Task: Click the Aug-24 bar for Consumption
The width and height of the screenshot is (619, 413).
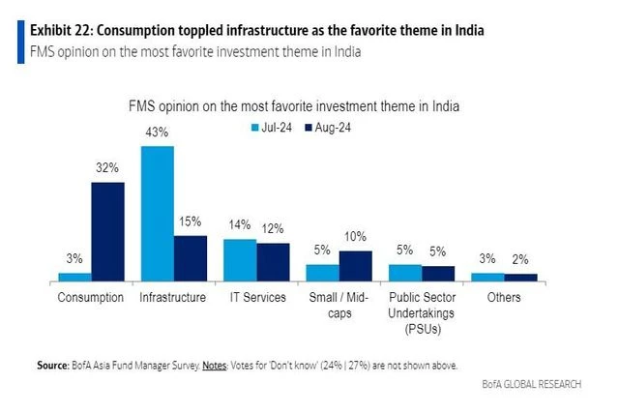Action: coord(108,230)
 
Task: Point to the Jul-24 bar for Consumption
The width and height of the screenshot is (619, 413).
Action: coord(74,276)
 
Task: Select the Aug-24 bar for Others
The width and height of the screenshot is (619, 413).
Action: coord(521,277)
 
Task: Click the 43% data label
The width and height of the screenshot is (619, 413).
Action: coord(158,133)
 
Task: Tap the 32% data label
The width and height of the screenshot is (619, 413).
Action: coord(107,168)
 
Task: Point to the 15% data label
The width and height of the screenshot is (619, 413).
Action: coord(191,222)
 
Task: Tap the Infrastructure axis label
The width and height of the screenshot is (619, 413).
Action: coord(173,298)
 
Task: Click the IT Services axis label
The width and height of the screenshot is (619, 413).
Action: coord(256,298)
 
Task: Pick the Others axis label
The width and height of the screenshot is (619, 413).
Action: coord(504,298)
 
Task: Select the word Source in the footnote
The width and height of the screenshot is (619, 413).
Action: coord(52,366)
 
